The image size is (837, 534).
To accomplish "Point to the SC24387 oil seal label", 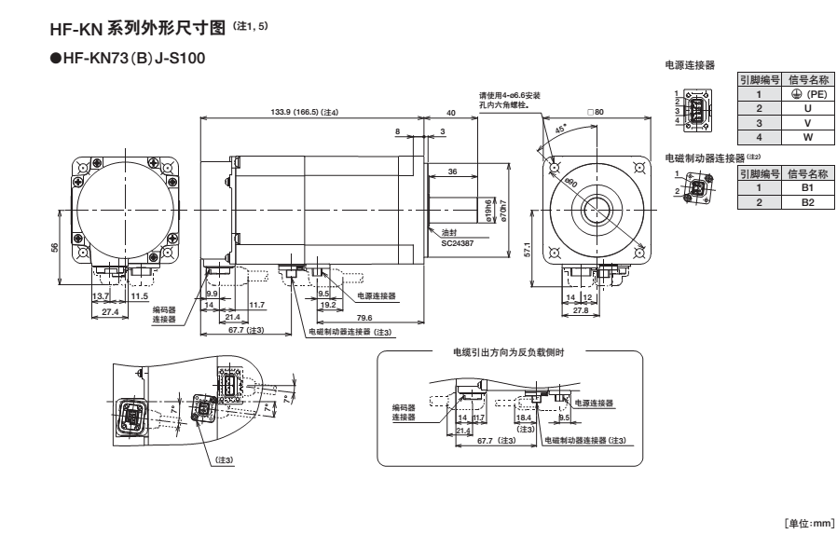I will [457, 240].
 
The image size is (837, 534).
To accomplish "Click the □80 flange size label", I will [597, 113].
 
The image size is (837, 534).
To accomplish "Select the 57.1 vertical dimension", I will [528, 250].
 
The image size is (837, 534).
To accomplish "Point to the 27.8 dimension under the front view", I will [581, 310].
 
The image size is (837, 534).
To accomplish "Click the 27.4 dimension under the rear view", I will [110, 310].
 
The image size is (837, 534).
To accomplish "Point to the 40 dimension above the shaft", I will [451, 112].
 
